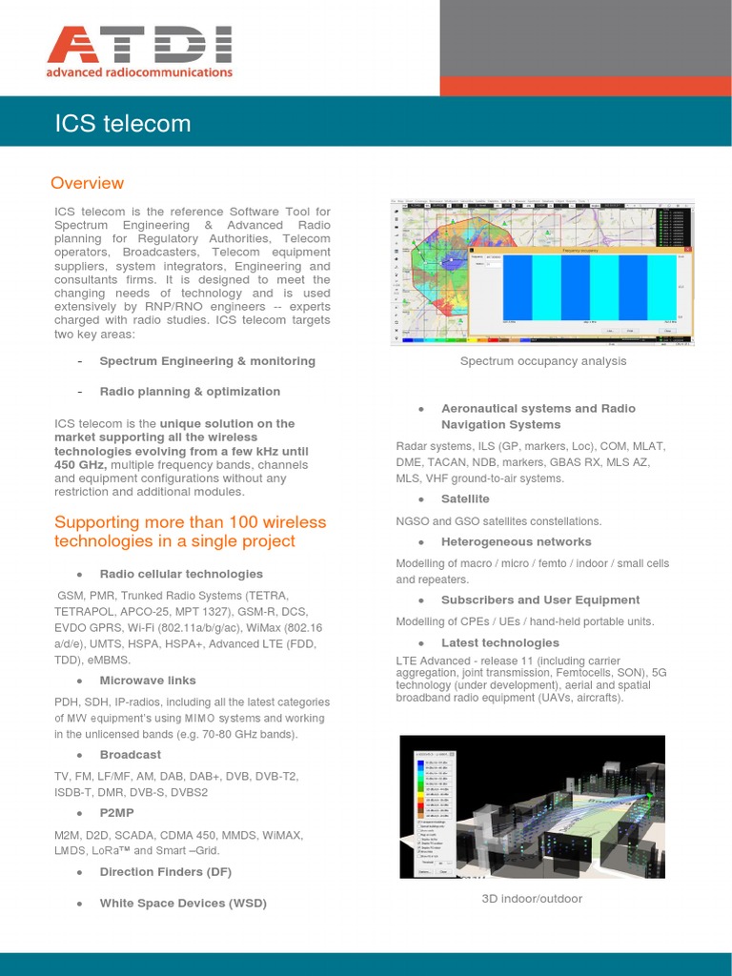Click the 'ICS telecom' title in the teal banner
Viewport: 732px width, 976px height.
[x=123, y=124]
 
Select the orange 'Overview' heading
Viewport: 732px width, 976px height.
[x=87, y=183]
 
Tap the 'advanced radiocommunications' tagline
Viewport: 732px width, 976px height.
[x=139, y=72]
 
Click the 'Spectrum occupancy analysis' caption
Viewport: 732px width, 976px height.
[x=543, y=361]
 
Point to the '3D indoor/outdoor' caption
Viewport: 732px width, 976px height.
[x=532, y=899]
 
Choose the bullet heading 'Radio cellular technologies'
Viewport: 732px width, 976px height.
[x=181, y=574]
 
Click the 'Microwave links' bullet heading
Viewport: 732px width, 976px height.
[x=148, y=681]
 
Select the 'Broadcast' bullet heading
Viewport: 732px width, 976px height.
[x=131, y=755]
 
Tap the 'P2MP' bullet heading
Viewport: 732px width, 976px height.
[x=117, y=813]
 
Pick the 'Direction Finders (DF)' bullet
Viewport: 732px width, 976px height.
[x=166, y=872]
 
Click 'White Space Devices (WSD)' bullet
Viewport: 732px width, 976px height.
[x=183, y=903]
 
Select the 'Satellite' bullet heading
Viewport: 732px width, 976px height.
[x=465, y=498]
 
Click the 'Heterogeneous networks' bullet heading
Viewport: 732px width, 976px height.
[x=516, y=541]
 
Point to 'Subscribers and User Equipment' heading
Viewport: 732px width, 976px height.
[x=540, y=600]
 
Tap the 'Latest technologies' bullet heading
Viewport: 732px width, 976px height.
[x=500, y=642]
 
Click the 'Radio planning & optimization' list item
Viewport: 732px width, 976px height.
[x=190, y=392]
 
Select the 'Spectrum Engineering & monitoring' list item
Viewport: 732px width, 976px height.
[x=207, y=361]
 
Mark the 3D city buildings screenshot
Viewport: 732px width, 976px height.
[x=532, y=806]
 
